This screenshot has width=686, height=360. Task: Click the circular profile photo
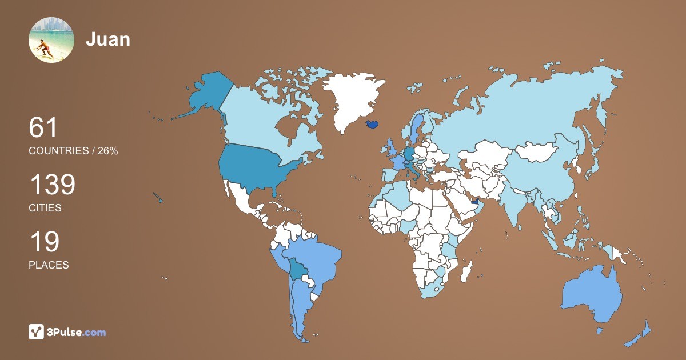[x=51, y=40]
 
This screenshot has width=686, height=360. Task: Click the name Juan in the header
[x=108, y=39]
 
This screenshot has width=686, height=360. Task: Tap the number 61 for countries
[x=43, y=127]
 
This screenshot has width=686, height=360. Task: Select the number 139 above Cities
[x=52, y=185]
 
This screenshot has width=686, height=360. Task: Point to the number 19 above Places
[x=44, y=242]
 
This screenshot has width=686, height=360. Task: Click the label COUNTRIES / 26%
[x=73, y=151]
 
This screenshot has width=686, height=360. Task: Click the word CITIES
[x=45, y=208]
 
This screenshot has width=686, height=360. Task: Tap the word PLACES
[x=49, y=265]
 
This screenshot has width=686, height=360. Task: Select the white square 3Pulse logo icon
[x=37, y=332]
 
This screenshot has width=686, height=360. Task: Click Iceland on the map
[x=372, y=124]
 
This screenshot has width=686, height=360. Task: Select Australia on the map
[x=592, y=295]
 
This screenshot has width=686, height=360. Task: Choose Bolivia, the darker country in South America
[x=298, y=269]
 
